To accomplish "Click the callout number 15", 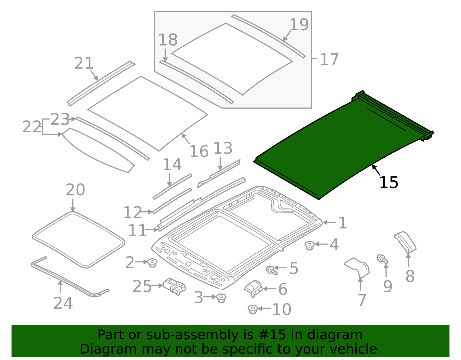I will (x=389, y=183).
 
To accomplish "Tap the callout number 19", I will (x=299, y=25).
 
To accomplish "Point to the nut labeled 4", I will (x=309, y=246).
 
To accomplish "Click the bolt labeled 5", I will (x=271, y=270).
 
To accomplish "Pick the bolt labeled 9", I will (x=382, y=259).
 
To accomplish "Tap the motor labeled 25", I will (x=174, y=287).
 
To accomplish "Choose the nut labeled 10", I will (x=252, y=309).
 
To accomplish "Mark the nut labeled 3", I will (x=221, y=298).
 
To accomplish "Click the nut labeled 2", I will (x=152, y=263).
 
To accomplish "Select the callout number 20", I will (x=75, y=190).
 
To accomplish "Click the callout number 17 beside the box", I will (x=329, y=60).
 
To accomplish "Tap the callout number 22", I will (x=32, y=127).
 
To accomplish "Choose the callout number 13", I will (x=222, y=148).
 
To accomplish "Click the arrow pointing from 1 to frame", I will (x=329, y=222).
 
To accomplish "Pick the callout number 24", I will (x=63, y=303).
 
